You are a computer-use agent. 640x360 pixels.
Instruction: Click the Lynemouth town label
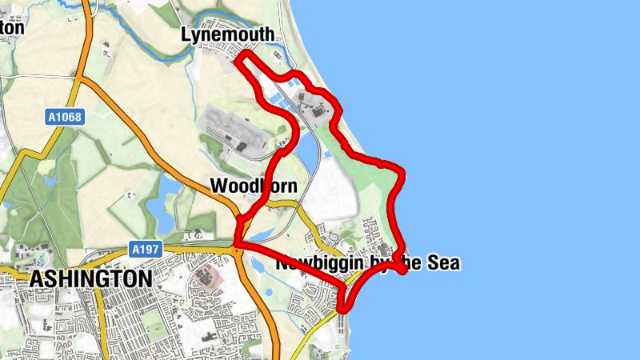227,34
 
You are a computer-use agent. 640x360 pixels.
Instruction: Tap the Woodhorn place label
254,186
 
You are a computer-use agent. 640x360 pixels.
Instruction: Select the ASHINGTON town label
90,278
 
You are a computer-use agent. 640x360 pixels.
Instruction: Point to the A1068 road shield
64,118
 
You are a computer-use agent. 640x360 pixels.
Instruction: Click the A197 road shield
146,250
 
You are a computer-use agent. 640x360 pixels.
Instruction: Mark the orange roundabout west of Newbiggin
238,251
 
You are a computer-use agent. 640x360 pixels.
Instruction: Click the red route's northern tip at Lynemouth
242,54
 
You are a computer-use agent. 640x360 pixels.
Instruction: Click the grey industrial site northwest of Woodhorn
232,128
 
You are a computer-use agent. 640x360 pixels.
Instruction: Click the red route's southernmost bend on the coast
344,306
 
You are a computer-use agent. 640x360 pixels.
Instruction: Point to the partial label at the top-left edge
11,26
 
